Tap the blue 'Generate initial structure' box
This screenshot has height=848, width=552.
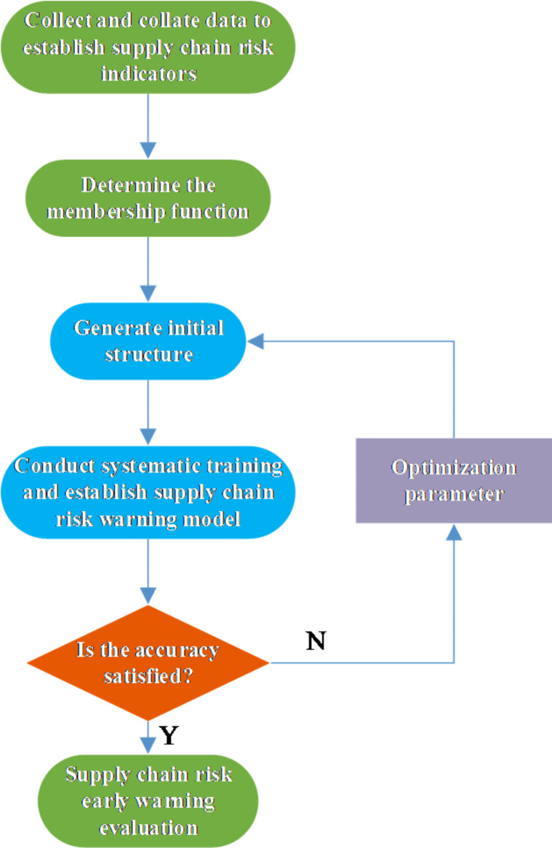click(x=147, y=341)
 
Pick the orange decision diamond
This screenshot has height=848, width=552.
click(x=147, y=663)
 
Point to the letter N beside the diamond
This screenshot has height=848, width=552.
click(x=316, y=641)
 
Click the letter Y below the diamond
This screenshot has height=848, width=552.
click(x=167, y=736)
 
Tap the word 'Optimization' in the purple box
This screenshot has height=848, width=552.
click(x=454, y=468)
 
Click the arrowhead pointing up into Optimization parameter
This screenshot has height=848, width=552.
click(x=454, y=531)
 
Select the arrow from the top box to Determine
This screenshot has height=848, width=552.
click(x=147, y=126)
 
